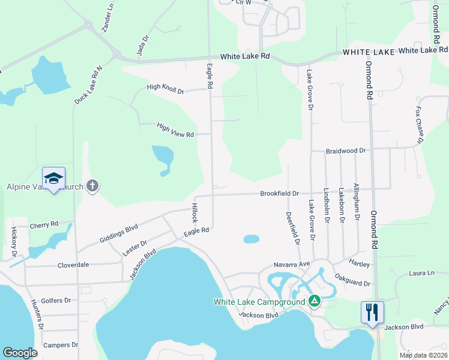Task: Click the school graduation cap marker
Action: pyautogui.click(x=53, y=178)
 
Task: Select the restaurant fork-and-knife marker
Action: pyautogui.click(x=372, y=312)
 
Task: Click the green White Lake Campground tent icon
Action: pyautogui.click(x=314, y=301)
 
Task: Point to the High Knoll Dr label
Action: pyautogui.click(x=165, y=88)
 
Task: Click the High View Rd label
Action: pyautogui.click(x=175, y=130)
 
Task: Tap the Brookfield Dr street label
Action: pyautogui.click(x=279, y=193)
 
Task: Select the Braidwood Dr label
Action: pyautogui.click(x=346, y=151)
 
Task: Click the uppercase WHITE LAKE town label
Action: pyautogui.click(x=369, y=52)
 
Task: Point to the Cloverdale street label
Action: pyautogui.click(x=73, y=265)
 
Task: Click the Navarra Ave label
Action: pyautogui.click(x=291, y=263)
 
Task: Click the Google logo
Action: pyautogui.click(x=20, y=353)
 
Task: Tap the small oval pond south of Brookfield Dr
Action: pyautogui.click(x=252, y=239)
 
